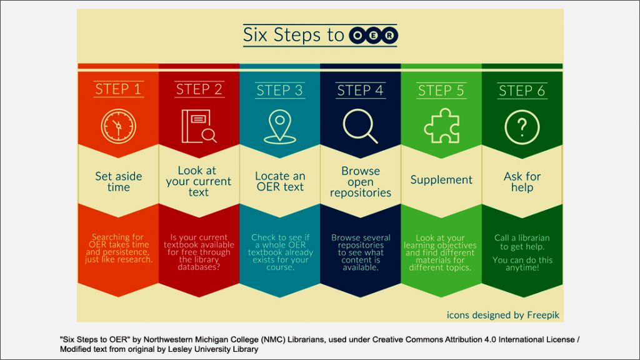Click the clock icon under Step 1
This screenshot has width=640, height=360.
pyautogui.click(x=118, y=126)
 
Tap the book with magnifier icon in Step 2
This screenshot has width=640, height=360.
pyautogui.click(x=199, y=126)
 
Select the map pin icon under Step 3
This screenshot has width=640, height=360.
pyautogui.click(x=279, y=127)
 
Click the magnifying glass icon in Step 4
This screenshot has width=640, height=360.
pyautogui.click(x=361, y=126)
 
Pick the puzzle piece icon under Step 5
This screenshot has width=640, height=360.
pyautogui.click(x=442, y=126)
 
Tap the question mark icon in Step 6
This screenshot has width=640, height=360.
pyautogui.click(x=522, y=127)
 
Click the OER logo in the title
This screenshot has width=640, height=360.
pyautogui.click(x=373, y=35)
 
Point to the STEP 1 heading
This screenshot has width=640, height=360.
pyautogui.click(x=118, y=89)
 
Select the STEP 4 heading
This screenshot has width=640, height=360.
pyautogui.click(x=361, y=90)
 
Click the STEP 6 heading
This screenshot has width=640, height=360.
pyautogui.click(x=522, y=91)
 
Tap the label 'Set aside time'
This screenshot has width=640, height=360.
pyautogui.click(x=118, y=182)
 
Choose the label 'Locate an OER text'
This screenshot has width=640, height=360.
pyautogui.click(x=280, y=181)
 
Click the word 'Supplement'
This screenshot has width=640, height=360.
pyautogui.click(x=441, y=179)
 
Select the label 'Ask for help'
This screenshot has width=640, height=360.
pyautogui.click(x=522, y=182)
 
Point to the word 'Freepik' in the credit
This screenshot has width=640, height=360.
pyautogui.click(x=543, y=315)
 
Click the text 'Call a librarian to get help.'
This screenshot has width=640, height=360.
pyautogui.click(x=522, y=242)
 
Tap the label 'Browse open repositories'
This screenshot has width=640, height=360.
pyautogui.click(x=361, y=182)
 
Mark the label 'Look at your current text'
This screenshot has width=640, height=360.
pyautogui.click(x=198, y=181)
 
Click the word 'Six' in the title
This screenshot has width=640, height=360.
pyautogui.click(x=255, y=35)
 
